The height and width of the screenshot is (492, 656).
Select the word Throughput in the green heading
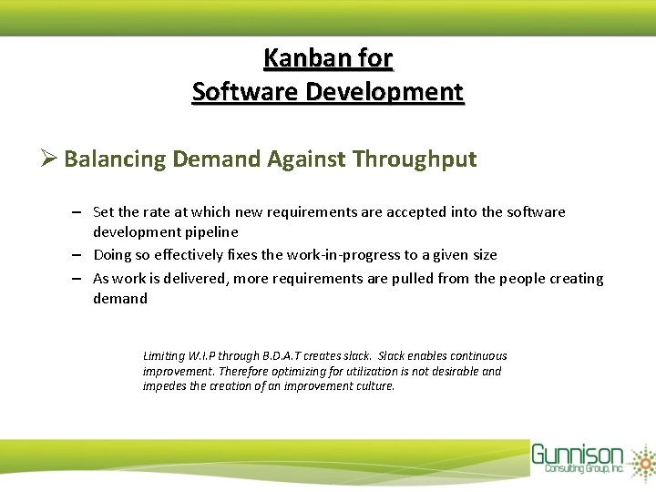tap(415, 159)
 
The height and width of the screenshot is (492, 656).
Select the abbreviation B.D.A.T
tap(286, 356)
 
